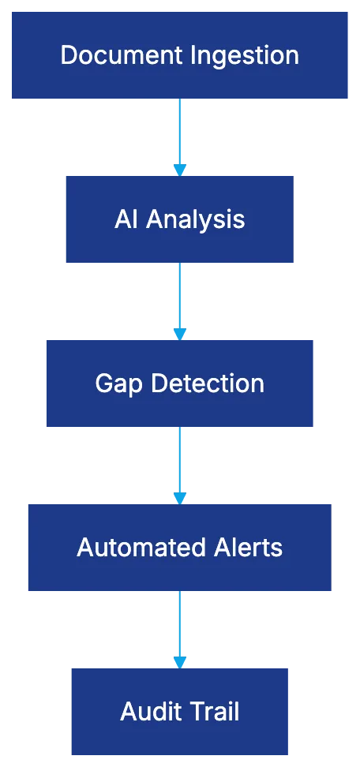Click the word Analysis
click(x=195, y=219)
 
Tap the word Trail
click(x=213, y=712)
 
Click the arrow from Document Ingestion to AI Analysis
click(x=180, y=134)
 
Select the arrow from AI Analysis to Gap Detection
click(x=180, y=298)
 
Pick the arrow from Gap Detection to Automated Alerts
click(x=180, y=462)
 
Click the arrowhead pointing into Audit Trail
click(x=180, y=660)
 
